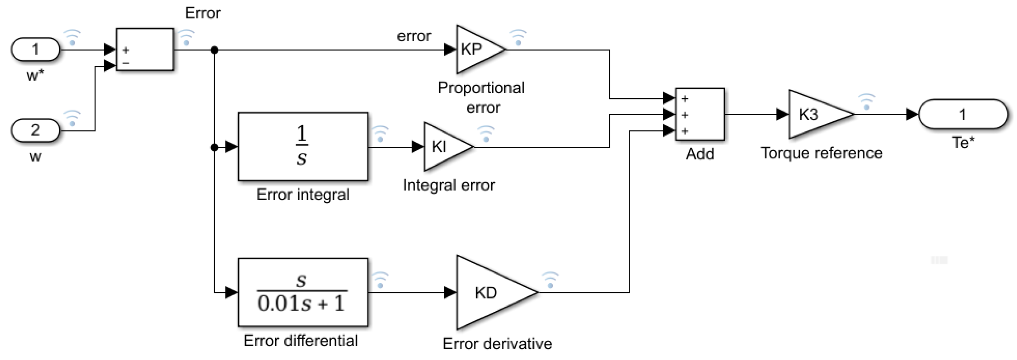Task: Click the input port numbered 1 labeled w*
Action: [35, 50]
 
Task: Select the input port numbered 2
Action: [35, 130]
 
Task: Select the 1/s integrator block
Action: [303, 147]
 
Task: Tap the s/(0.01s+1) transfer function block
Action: [303, 293]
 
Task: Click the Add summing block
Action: [700, 114]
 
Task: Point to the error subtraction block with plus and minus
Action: [145, 49]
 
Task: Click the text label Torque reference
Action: [821, 153]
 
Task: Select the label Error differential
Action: [301, 340]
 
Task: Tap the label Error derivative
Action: [497, 344]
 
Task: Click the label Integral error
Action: [449, 186]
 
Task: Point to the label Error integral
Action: [303, 195]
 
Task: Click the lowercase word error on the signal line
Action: [414, 36]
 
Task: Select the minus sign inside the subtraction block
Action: [126, 63]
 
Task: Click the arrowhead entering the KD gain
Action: [450, 293]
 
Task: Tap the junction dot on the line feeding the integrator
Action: [214, 148]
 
